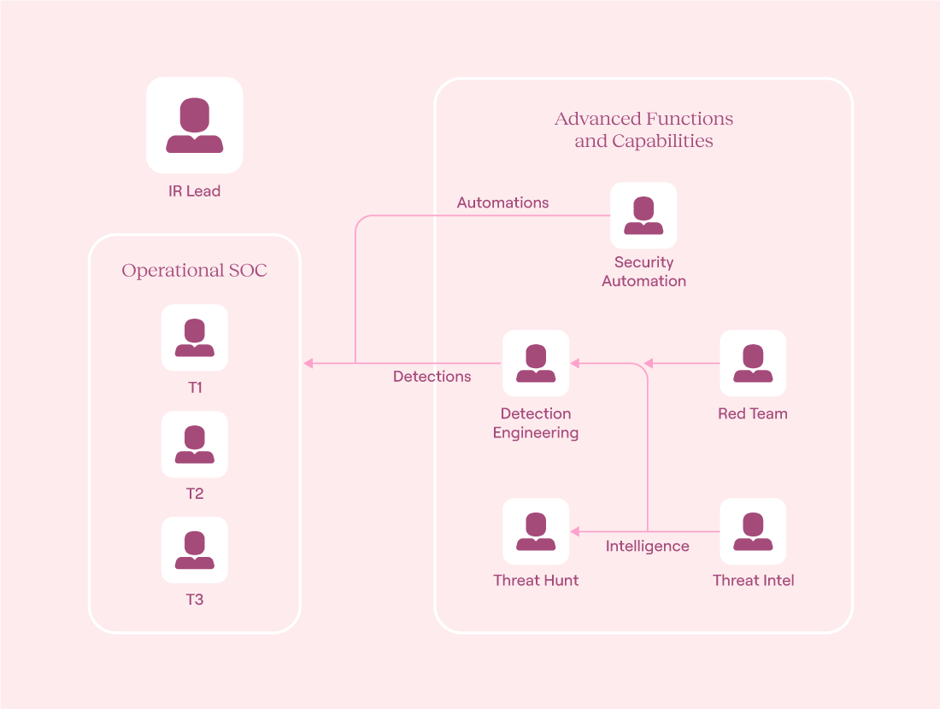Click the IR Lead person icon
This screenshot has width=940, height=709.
194,126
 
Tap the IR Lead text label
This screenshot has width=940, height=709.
194,191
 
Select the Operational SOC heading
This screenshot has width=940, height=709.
194,270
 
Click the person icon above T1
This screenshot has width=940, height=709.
194,337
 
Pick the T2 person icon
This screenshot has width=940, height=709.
194,444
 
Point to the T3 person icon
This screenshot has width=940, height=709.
194,550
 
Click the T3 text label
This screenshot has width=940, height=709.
194,600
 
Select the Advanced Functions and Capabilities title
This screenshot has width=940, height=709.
643,130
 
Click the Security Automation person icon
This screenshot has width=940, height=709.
643,215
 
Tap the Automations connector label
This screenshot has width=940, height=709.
503,202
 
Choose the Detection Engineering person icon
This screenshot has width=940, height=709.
535,363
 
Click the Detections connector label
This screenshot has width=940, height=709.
432,377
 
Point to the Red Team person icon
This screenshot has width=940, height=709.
753,363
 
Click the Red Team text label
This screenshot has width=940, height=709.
753,413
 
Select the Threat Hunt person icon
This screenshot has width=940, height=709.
535,531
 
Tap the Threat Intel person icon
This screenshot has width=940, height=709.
753,531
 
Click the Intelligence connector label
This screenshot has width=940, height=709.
648,546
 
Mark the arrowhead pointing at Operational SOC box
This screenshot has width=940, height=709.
308,363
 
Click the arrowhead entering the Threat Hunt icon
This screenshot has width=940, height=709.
575,531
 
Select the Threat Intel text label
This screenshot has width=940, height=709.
753,580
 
